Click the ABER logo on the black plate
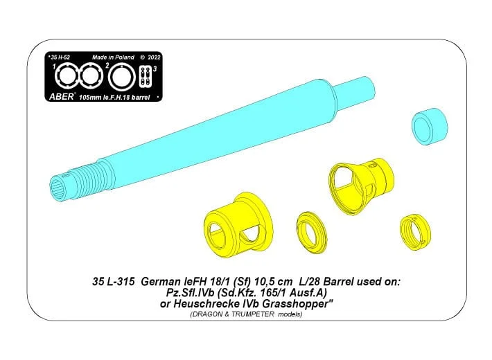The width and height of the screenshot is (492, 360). tap(62, 96)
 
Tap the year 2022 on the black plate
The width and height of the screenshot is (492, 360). tap(154, 57)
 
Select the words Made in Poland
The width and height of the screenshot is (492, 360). tap(113, 57)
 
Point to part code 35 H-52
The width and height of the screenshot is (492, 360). tap(60, 57)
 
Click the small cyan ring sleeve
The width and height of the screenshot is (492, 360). tap(430, 127)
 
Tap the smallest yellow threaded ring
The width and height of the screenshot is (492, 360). tap(415, 233)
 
